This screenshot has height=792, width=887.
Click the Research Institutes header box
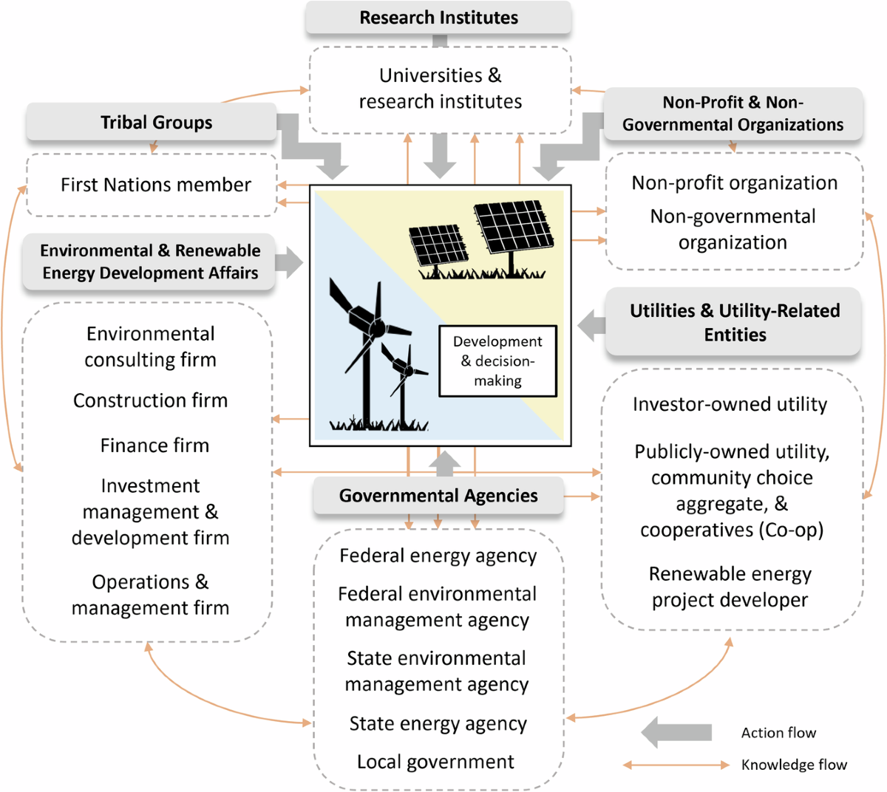438,18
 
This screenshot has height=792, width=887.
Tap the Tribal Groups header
156,123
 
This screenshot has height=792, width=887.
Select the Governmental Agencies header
438,496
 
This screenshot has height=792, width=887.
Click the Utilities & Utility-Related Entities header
734,322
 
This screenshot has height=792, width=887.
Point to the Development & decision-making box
497,361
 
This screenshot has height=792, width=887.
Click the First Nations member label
156,185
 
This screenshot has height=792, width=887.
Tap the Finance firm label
154,445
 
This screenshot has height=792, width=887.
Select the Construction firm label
150,400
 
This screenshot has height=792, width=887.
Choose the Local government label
435,762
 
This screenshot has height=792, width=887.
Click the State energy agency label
438,724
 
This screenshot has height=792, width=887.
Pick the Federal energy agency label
438,556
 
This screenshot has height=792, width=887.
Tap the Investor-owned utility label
730,404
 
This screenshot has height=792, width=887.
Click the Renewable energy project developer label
730,587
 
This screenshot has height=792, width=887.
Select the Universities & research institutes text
440,88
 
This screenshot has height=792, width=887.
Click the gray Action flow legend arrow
676,732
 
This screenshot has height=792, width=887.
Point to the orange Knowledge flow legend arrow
676,765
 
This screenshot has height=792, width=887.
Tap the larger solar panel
514,226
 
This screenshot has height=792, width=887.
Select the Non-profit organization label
734,183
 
